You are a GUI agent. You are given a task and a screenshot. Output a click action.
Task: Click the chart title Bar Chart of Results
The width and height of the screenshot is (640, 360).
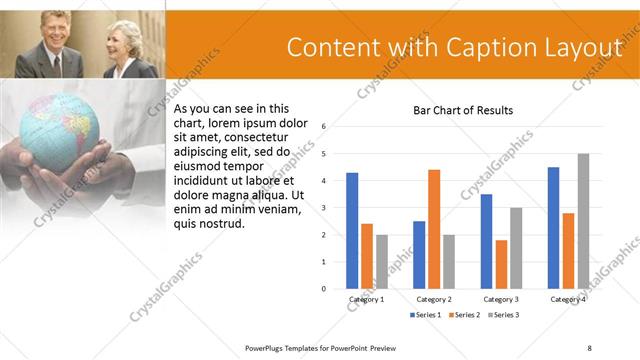[463, 110]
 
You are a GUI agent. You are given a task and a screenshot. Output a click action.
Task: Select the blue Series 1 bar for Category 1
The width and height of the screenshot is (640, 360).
[352, 231]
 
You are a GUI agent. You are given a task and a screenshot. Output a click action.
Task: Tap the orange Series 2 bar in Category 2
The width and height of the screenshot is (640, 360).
[434, 229]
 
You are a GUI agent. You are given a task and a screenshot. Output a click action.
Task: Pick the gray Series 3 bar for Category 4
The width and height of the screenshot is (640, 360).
[583, 221]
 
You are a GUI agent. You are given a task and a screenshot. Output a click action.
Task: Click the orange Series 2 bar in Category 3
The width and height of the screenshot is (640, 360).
[501, 264]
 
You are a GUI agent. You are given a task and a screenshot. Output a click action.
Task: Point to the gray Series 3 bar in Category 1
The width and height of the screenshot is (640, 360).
[381, 262]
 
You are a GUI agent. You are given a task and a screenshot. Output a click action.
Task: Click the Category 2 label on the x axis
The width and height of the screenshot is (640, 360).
[433, 299]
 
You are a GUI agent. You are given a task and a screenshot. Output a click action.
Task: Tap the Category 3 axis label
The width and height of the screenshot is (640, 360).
[500, 299]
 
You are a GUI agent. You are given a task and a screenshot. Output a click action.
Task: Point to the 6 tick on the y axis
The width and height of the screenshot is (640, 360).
[324, 127]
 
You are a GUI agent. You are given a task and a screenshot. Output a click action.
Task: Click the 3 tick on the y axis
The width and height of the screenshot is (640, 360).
[324, 208]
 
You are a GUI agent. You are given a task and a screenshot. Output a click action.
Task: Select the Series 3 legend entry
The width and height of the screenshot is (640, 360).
[502, 315]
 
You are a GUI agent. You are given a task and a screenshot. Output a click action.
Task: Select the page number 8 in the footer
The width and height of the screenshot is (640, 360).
[589, 347]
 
